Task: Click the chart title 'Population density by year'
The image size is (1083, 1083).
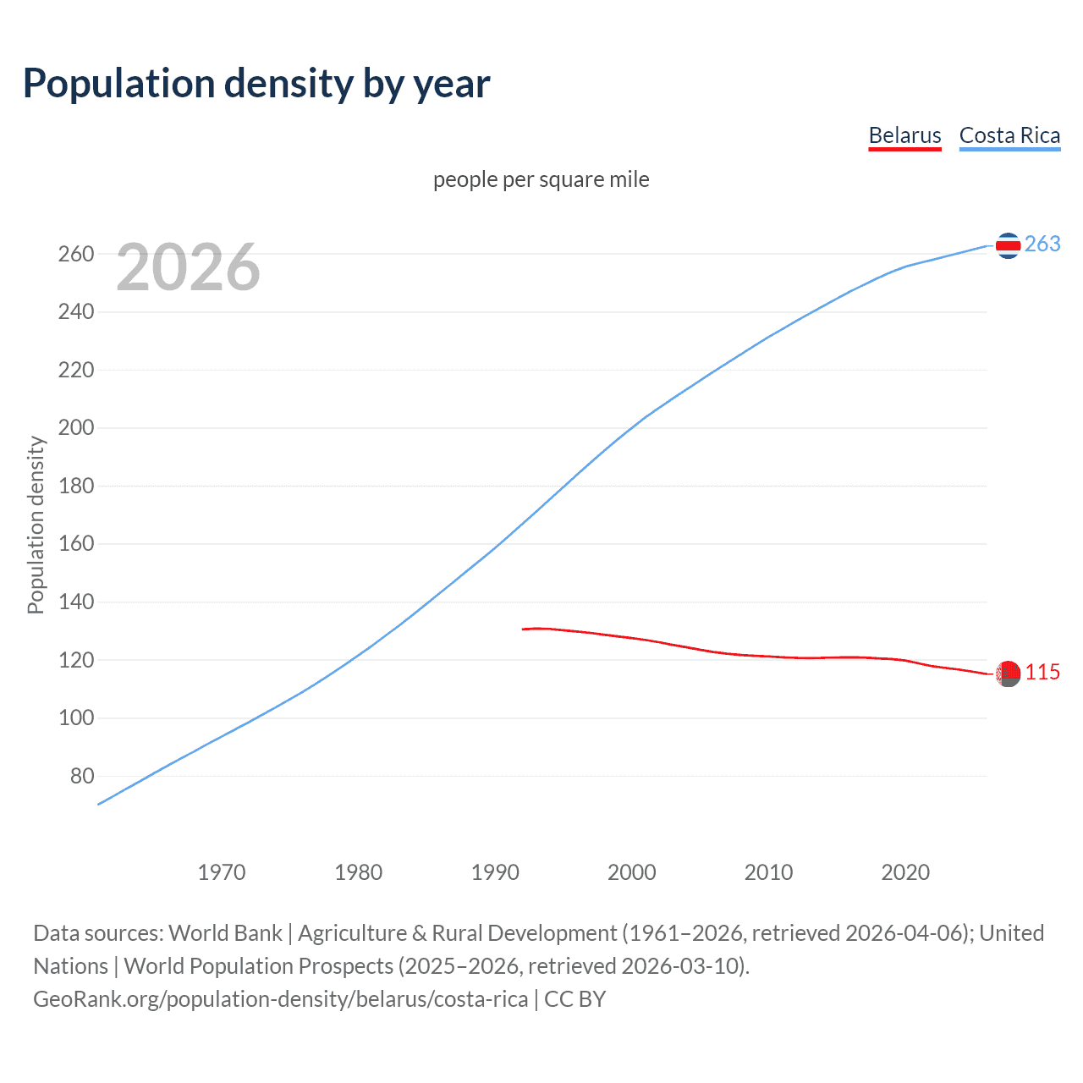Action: coord(256,84)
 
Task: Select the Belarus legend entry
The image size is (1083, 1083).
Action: coord(904,135)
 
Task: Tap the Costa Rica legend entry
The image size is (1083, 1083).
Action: coord(1009,135)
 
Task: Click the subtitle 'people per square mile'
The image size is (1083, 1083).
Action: coord(541,179)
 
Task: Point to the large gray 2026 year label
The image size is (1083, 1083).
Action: coord(188,267)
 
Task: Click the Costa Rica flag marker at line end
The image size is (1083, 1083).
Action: coord(1007,245)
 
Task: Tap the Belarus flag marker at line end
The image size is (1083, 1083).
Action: coord(1007,673)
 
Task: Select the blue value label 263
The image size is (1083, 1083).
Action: coord(1042,244)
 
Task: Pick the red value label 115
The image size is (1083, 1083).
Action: coord(1042,672)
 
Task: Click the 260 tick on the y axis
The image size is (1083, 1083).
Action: coord(76,254)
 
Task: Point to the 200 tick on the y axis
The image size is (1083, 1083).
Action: coord(76,428)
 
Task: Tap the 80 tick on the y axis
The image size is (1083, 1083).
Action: coord(82,776)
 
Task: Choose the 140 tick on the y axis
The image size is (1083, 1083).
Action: coord(76,602)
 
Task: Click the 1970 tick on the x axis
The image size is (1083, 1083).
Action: coord(222,872)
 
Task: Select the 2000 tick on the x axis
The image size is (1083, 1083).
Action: coord(632,872)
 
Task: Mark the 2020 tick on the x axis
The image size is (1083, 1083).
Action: coord(905,872)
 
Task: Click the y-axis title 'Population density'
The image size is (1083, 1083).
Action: coord(36,525)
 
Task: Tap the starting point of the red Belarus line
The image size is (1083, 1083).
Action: coord(524,629)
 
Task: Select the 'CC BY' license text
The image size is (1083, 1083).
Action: coord(575,999)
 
